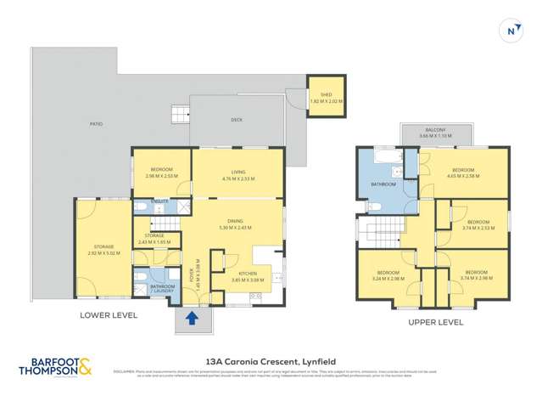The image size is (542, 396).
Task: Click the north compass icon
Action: pos(511,30)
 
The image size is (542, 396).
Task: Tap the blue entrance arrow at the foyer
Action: pos(192,319)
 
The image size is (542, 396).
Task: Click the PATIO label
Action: pos(97,124)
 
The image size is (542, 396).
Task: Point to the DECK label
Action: pos(237,120)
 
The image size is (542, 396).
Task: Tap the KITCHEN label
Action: pos(248,273)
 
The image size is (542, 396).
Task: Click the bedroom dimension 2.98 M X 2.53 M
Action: pos(160,177)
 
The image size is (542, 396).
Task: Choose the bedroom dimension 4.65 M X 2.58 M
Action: pos(462,176)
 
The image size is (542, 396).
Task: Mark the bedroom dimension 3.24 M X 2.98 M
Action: pos(388,278)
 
